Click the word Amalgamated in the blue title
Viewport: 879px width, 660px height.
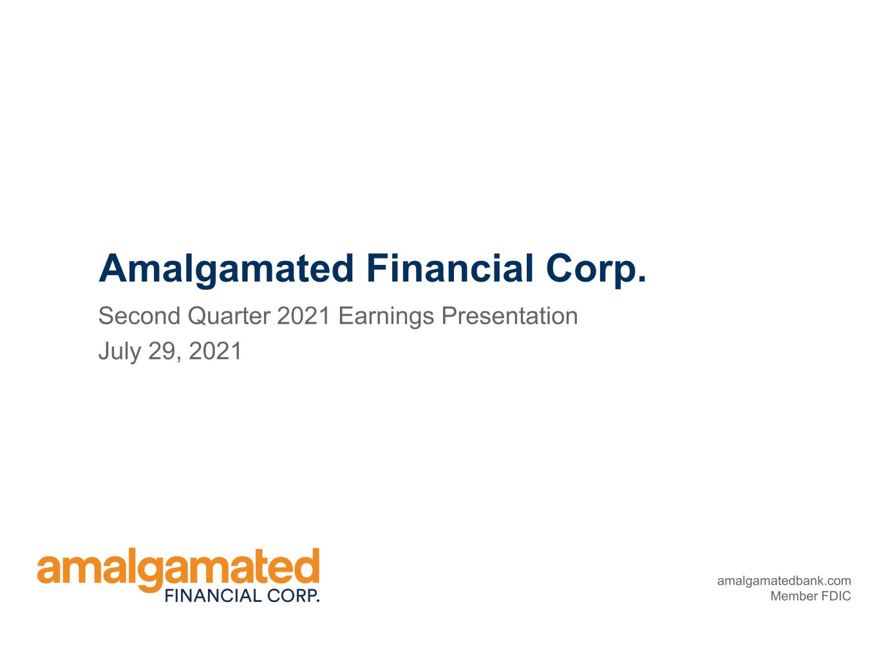(x=226, y=269)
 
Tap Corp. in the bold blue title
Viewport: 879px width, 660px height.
(x=596, y=269)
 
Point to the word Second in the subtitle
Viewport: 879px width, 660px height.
(x=139, y=316)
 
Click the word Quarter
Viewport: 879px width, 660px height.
(x=229, y=316)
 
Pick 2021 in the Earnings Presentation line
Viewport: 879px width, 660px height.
(x=303, y=316)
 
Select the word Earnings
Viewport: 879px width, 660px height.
(x=386, y=316)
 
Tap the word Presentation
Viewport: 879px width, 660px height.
(x=509, y=316)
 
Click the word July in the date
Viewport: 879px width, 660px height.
(x=119, y=352)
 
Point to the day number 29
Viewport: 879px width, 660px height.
(x=162, y=351)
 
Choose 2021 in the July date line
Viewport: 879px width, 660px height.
(x=214, y=351)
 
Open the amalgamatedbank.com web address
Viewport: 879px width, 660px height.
(x=784, y=581)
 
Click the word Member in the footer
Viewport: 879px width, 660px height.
(x=795, y=596)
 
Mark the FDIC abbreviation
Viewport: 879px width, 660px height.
(x=836, y=596)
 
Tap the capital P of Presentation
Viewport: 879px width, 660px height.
(x=449, y=316)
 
